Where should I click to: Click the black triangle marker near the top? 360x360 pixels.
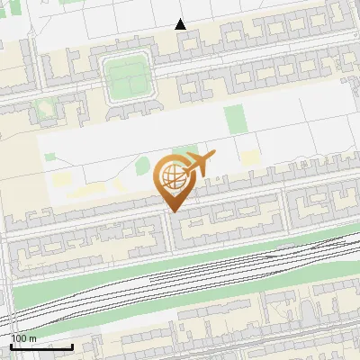click(x=180, y=24)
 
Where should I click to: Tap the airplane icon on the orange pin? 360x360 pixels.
click(x=199, y=164)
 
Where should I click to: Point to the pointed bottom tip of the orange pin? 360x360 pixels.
click(x=171, y=211)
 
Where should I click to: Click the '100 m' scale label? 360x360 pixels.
click(x=23, y=338)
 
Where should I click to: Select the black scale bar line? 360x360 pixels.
click(x=41, y=346)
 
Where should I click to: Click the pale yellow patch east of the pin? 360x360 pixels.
click(x=249, y=159)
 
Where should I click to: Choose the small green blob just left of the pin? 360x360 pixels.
click(x=142, y=165)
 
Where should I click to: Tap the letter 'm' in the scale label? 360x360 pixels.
click(x=32, y=338)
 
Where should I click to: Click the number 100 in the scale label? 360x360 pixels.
click(x=19, y=338)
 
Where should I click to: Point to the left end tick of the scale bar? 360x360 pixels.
click(x=11, y=345)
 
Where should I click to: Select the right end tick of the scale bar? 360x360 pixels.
click(x=72, y=345)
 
